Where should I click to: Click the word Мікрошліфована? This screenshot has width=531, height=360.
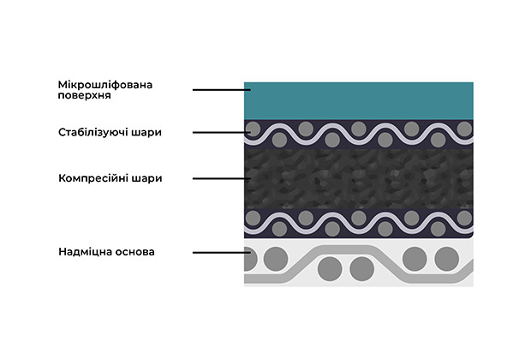(105, 85)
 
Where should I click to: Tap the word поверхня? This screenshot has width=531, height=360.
(84, 95)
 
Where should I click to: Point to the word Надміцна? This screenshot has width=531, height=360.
(85, 252)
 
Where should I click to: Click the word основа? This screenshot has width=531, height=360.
(134, 252)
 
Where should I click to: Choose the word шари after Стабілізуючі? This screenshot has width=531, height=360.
(149, 133)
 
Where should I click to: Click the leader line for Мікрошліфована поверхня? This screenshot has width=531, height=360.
(222, 90)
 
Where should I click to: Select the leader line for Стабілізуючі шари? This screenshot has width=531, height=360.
(222, 133)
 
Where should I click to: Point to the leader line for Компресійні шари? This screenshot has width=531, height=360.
(222, 178)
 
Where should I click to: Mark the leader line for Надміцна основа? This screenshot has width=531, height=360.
(222, 253)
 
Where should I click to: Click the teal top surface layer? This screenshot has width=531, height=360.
(359, 100)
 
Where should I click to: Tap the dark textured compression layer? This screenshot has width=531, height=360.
(359, 178)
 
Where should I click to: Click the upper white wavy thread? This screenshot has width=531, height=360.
(359, 135)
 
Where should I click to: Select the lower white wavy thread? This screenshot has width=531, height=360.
(359, 224)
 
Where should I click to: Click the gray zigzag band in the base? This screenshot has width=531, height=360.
(359, 264)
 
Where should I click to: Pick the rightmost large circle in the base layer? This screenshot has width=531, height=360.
(447, 259)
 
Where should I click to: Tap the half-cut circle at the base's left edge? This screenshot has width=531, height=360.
(251, 259)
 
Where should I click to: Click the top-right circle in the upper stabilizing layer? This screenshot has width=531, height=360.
(464, 129)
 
